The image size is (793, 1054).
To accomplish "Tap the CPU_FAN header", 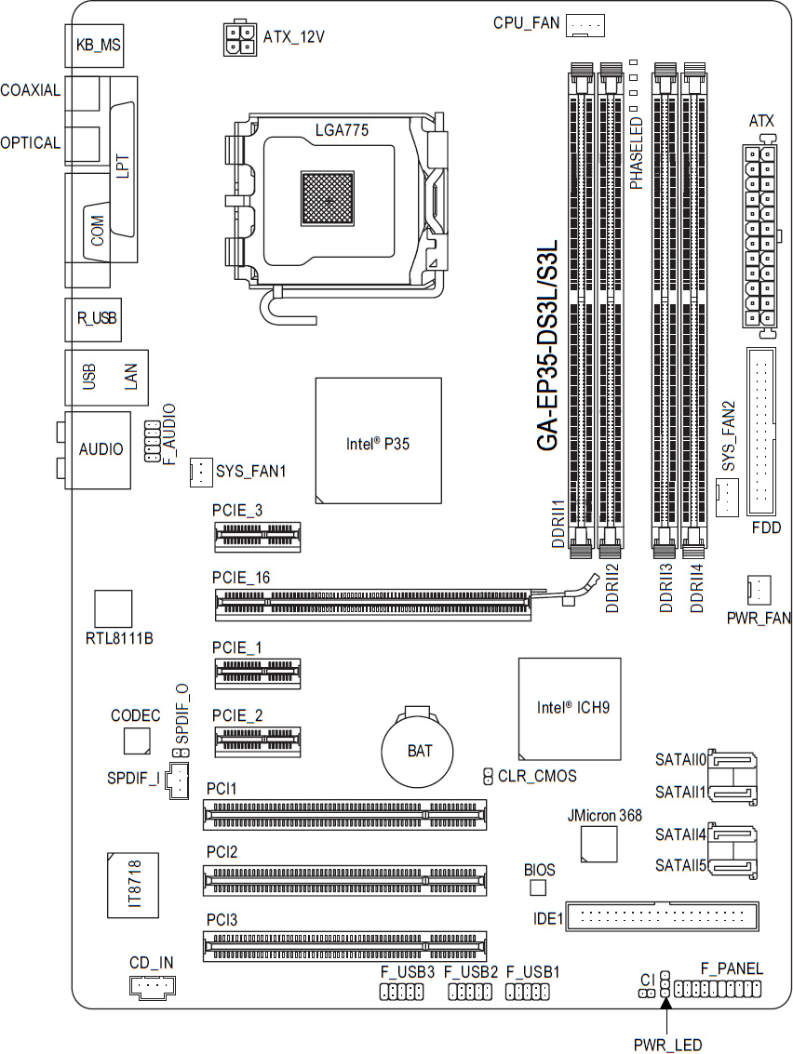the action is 585,25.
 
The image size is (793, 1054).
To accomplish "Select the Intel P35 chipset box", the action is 379,440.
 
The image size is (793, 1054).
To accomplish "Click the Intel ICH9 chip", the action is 570,709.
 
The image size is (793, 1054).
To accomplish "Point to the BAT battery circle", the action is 417,750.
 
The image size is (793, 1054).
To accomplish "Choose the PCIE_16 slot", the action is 372,605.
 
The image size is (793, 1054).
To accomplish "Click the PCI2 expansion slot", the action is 344,881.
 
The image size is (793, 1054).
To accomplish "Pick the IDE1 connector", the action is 662,915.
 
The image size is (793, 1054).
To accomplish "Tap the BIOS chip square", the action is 538,888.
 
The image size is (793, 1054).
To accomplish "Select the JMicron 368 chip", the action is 599,844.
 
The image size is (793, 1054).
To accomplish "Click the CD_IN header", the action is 152,986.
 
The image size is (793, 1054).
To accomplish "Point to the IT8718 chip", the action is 133,886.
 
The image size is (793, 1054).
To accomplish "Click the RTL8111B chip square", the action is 113,609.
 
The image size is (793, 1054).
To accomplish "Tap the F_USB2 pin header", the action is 470,992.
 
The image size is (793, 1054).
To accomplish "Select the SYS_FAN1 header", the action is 202,472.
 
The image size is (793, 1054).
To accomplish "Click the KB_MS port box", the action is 95,45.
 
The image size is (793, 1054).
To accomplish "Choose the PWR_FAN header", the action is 759,590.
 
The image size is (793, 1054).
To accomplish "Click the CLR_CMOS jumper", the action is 489,777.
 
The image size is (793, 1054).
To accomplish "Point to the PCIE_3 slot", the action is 258,537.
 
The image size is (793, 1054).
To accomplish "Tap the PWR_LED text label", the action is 668,1045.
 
